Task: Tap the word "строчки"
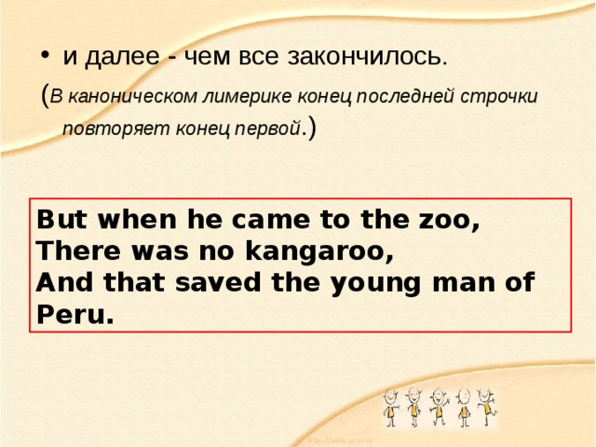[515, 96]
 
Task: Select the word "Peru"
[74, 315]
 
